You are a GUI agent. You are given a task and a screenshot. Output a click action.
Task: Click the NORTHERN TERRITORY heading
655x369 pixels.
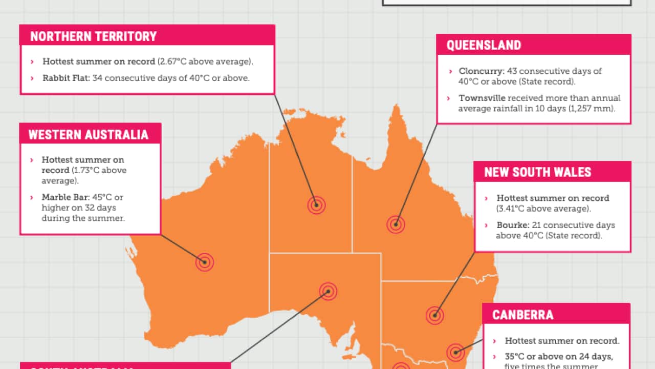[x=93, y=36]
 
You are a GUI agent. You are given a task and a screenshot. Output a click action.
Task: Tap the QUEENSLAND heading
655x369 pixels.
[x=484, y=45]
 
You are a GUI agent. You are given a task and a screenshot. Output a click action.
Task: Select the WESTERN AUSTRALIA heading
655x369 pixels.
[x=88, y=135]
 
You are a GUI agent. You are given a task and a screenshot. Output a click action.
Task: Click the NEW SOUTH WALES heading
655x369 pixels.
[x=537, y=172]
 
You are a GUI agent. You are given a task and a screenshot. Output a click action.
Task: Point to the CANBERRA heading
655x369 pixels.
[x=522, y=314]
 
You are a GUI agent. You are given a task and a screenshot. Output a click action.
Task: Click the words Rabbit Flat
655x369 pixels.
[x=66, y=78]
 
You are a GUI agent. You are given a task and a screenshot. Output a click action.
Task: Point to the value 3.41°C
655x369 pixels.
[x=516, y=209]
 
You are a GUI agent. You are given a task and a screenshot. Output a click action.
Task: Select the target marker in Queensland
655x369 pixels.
[x=396, y=224]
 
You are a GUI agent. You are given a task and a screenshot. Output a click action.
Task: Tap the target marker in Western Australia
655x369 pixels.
[x=204, y=262]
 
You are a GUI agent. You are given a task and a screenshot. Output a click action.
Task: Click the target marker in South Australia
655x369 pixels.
[x=328, y=292]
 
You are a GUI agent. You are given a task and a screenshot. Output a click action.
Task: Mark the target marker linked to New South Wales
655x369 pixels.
[x=434, y=315]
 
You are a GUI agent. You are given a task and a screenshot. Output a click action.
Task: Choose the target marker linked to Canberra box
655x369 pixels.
[x=455, y=352]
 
